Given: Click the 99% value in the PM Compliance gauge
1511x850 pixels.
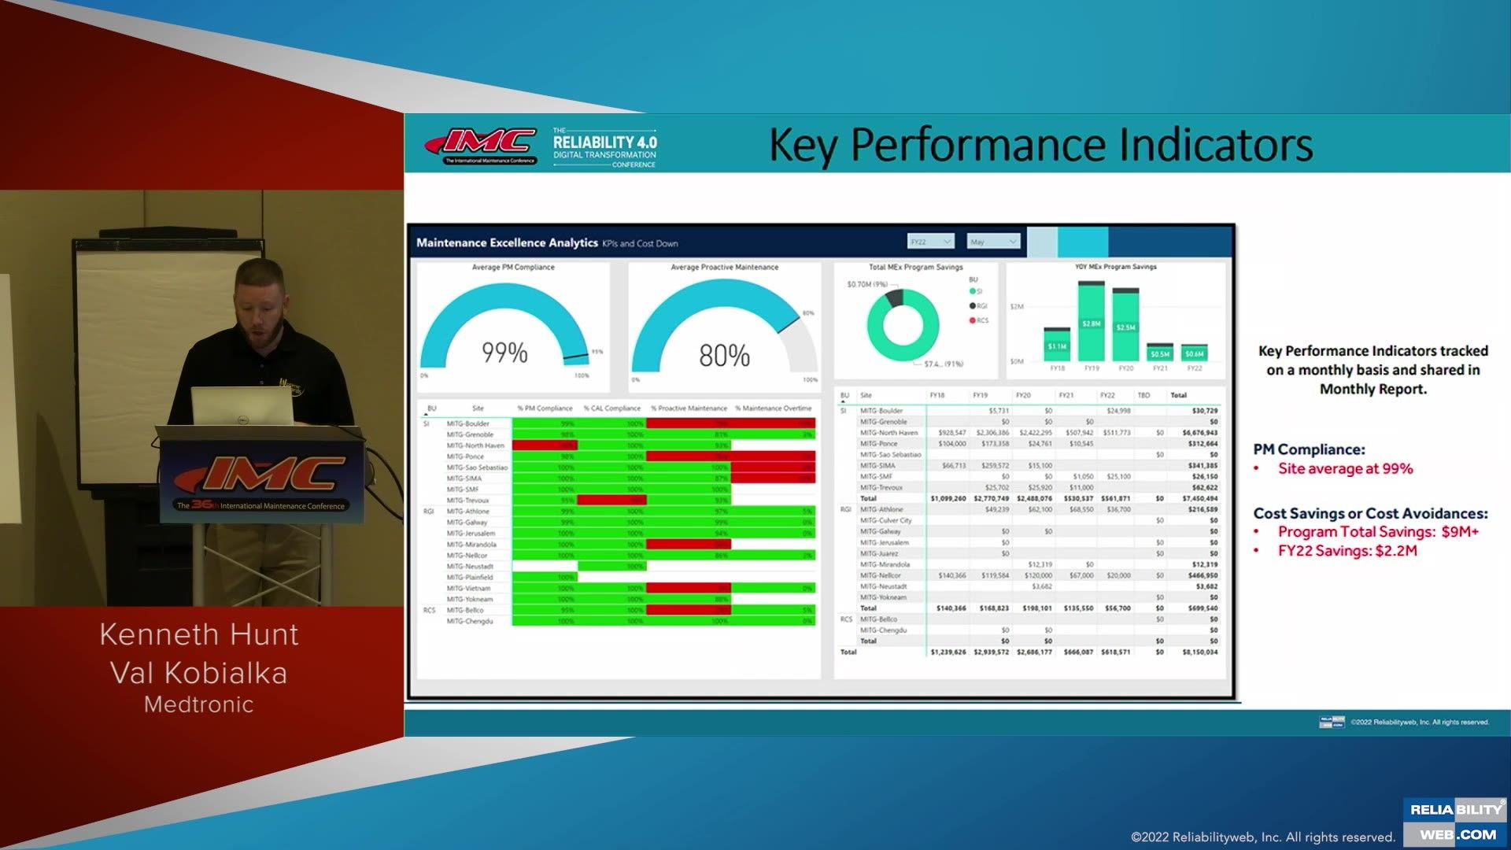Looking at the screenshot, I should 504,353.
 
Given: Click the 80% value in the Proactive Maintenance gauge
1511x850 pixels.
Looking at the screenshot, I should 724,356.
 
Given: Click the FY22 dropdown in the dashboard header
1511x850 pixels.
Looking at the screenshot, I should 930,242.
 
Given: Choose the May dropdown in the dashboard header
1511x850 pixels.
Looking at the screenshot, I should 993,242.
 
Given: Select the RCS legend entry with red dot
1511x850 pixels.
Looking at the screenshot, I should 979,320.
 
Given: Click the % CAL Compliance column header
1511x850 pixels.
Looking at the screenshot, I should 612,408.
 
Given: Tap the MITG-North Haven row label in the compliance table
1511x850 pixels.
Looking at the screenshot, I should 475,445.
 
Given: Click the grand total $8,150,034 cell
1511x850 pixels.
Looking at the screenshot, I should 1199,652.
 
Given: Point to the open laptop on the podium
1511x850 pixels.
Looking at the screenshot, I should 242,406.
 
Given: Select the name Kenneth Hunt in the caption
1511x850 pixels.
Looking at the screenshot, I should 199,634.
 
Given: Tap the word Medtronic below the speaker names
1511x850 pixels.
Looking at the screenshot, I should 199,704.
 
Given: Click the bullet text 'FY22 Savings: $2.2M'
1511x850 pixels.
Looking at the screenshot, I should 1347,551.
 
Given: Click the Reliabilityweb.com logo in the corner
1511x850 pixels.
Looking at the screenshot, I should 1455,822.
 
